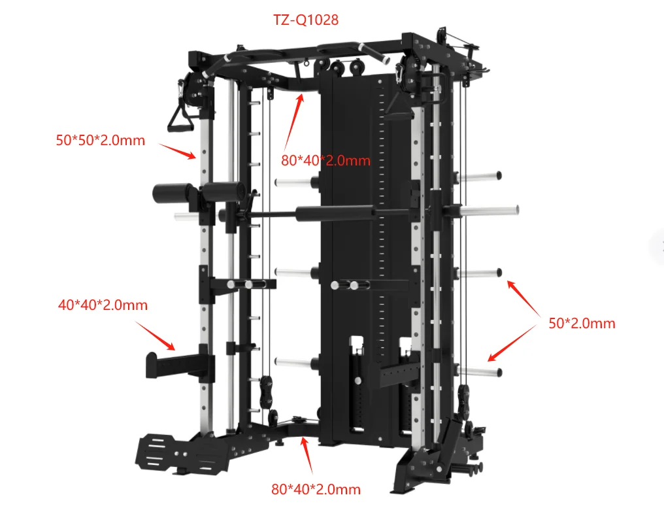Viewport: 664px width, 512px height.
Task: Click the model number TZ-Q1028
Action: (x=306, y=20)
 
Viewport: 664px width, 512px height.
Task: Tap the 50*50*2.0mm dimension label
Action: (x=101, y=141)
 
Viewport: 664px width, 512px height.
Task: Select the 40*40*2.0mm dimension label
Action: (x=103, y=305)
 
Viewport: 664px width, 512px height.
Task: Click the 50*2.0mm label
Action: (x=582, y=324)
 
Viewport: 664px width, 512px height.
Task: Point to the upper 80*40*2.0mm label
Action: (x=325, y=161)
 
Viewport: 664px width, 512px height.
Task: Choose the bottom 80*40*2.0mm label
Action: (x=316, y=489)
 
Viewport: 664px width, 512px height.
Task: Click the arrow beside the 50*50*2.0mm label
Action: (x=178, y=151)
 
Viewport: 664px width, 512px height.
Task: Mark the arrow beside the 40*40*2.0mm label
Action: (x=155, y=335)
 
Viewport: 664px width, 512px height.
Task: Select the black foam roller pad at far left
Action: (x=171, y=194)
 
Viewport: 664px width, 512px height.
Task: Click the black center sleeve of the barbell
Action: (x=335, y=213)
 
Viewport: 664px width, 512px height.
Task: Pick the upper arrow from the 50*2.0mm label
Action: (x=523, y=298)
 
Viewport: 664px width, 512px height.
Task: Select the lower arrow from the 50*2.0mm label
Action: (x=512, y=343)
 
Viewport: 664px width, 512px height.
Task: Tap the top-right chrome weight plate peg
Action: (x=479, y=176)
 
